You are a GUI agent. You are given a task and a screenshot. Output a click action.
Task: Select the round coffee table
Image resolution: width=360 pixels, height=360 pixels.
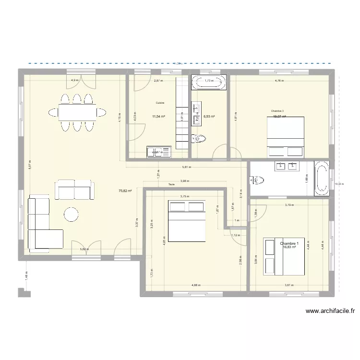[x=72, y=215]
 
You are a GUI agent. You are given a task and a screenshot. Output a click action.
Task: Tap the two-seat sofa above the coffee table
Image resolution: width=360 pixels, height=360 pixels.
[x=74, y=190]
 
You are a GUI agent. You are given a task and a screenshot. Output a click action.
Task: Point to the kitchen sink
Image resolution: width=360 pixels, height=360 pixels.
[x=159, y=152]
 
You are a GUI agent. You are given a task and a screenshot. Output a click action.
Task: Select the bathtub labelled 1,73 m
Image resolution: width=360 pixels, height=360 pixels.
[x=209, y=83]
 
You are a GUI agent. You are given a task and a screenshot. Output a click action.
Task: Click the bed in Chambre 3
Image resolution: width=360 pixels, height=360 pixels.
[x=286, y=136]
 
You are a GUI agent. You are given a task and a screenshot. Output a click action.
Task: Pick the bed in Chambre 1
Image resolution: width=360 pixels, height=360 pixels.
[x=284, y=256]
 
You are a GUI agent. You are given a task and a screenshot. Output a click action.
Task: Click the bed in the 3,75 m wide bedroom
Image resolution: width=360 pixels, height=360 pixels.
[x=186, y=221]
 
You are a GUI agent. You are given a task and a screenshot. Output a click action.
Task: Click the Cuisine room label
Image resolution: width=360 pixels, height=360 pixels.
[x=160, y=103]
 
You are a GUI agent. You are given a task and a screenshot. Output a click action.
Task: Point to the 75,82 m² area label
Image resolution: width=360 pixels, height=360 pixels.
[x=125, y=191]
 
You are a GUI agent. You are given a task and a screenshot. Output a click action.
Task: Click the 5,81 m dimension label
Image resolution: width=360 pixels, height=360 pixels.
[x=186, y=168]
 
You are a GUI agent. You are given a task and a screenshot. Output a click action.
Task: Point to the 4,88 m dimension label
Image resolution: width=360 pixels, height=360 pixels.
[x=196, y=285]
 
